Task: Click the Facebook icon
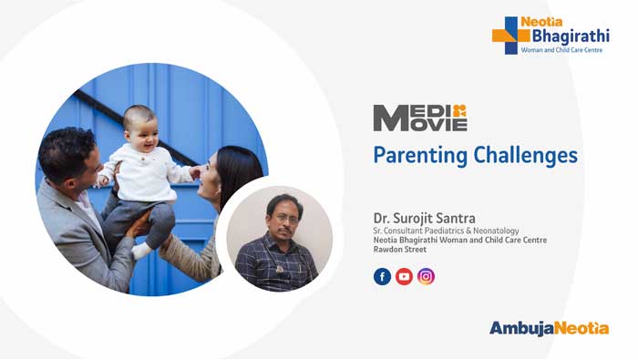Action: point(382,276)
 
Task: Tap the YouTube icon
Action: point(404,276)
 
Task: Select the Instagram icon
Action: point(426,276)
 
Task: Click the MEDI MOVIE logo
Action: point(419,118)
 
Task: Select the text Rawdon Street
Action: point(401,253)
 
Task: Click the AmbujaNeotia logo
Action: point(549,328)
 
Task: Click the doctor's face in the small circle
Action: point(283,216)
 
